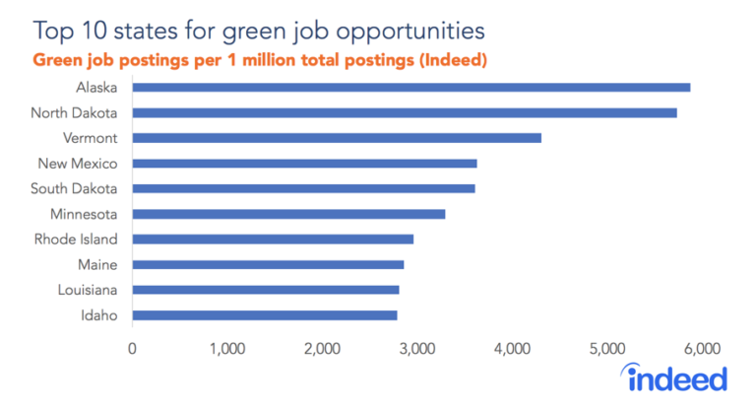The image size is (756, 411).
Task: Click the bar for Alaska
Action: [410, 87]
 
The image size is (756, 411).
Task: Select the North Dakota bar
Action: [404, 112]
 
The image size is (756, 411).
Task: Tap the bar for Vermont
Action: [336, 138]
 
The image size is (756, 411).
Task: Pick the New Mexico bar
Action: [304, 163]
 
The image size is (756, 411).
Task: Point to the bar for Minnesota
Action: [288, 214]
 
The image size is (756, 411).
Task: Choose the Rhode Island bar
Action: [273, 239]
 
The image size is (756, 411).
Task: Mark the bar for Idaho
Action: [264, 315]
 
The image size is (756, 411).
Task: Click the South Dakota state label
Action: [74, 188]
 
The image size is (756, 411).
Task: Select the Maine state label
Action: [97, 264]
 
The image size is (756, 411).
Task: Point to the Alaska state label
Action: [96, 87]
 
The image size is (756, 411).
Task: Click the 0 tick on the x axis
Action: [132, 347]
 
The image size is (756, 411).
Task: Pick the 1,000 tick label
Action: [226, 347]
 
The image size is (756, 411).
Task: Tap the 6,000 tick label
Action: [703, 347]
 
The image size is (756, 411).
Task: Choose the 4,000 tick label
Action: [512, 347]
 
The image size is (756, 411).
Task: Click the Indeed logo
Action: [676, 377]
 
